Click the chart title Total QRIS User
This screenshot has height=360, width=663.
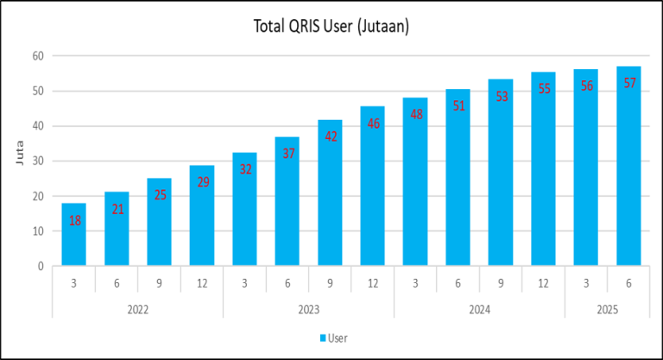click(331, 27)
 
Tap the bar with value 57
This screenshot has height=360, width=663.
click(628, 173)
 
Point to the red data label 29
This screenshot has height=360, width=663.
click(202, 182)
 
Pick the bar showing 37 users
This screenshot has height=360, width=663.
click(287, 207)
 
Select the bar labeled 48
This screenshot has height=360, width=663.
click(415, 190)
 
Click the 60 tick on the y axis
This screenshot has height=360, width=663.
click(38, 56)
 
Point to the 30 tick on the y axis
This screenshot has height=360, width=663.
click(38, 161)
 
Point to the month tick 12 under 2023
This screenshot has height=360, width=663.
click(373, 282)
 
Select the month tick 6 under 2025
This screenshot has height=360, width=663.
click(628, 282)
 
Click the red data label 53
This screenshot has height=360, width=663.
click(502, 97)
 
